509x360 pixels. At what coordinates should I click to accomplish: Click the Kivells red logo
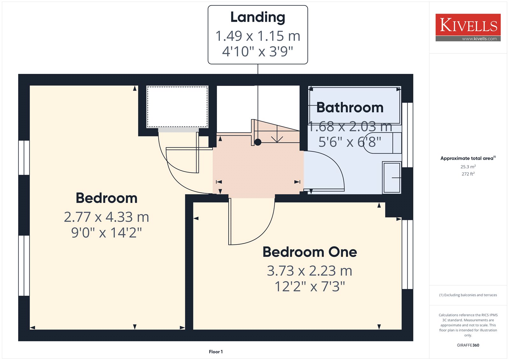click(468, 27)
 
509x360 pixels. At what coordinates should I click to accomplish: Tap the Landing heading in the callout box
click(258, 17)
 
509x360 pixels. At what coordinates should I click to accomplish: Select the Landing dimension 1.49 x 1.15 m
click(258, 36)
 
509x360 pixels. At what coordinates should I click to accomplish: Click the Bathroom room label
click(350, 107)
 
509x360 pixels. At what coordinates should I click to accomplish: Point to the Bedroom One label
click(310, 252)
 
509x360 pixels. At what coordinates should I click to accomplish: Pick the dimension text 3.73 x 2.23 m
click(310, 271)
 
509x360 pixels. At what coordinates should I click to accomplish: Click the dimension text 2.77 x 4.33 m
click(106, 217)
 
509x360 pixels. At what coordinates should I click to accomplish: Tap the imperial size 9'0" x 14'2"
click(106, 233)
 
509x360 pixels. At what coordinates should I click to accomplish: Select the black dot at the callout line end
click(258, 142)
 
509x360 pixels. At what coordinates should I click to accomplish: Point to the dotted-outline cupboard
click(177, 107)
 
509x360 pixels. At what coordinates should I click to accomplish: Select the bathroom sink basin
click(392, 177)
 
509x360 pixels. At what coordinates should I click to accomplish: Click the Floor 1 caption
click(216, 352)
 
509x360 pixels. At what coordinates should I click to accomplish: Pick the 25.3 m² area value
click(468, 166)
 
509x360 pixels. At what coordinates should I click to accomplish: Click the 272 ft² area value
click(468, 174)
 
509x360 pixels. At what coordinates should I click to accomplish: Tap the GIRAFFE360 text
click(468, 345)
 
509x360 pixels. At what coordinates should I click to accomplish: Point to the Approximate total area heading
click(468, 158)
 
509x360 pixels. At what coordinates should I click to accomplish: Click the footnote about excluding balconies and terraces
click(468, 295)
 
